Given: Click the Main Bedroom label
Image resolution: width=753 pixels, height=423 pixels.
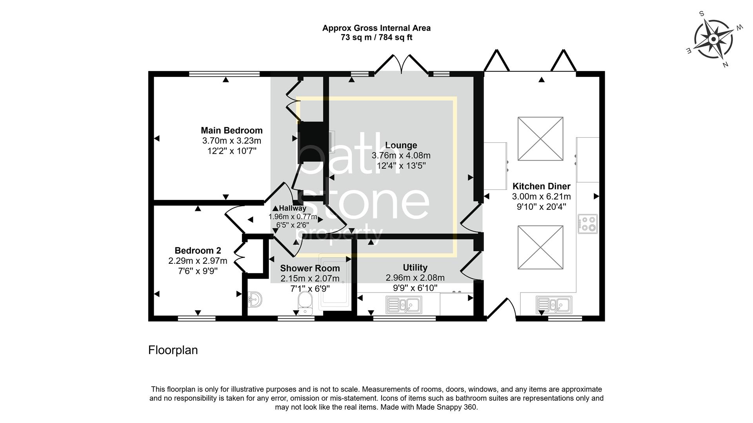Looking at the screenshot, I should pyautogui.click(x=231, y=131).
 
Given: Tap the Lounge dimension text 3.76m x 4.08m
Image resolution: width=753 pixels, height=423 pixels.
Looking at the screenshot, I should pyautogui.click(x=401, y=156).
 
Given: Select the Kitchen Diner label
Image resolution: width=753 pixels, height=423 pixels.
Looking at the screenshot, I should pyautogui.click(x=541, y=187).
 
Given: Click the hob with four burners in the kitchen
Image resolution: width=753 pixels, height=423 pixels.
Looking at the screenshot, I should pyautogui.click(x=587, y=224).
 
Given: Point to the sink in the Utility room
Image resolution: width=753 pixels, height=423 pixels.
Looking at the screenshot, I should pyautogui.click(x=404, y=305).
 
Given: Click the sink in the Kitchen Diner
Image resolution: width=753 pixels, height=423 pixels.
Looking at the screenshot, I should pyautogui.click(x=554, y=305).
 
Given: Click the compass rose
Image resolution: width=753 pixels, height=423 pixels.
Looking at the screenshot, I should pyautogui.click(x=713, y=40).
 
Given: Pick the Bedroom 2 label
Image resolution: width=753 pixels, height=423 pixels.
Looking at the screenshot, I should pyautogui.click(x=198, y=251).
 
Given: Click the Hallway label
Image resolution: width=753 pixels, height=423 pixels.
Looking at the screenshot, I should pyautogui.click(x=293, y=209).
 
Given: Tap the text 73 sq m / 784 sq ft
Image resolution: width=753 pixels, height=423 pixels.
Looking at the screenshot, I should pyautogui.click(x=376, y=38).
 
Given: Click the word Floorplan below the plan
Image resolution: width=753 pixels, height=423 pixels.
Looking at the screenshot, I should pyautogui.click(x=173, y=350).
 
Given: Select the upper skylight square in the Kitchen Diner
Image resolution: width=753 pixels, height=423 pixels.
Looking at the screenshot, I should pyautogui.click(x=540, y=139).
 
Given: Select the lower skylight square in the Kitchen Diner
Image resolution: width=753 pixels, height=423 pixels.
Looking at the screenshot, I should pyautogui.click(x=540, y=247).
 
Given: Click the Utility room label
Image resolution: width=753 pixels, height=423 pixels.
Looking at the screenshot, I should pyautogui.click(x=415, y=268).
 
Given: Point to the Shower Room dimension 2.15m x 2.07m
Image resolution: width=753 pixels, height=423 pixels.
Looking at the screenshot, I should pyautogui.click(x=310, y=279).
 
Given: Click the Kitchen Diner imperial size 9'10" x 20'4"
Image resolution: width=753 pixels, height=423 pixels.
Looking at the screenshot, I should pyautogui.click(x=541, y=207).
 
